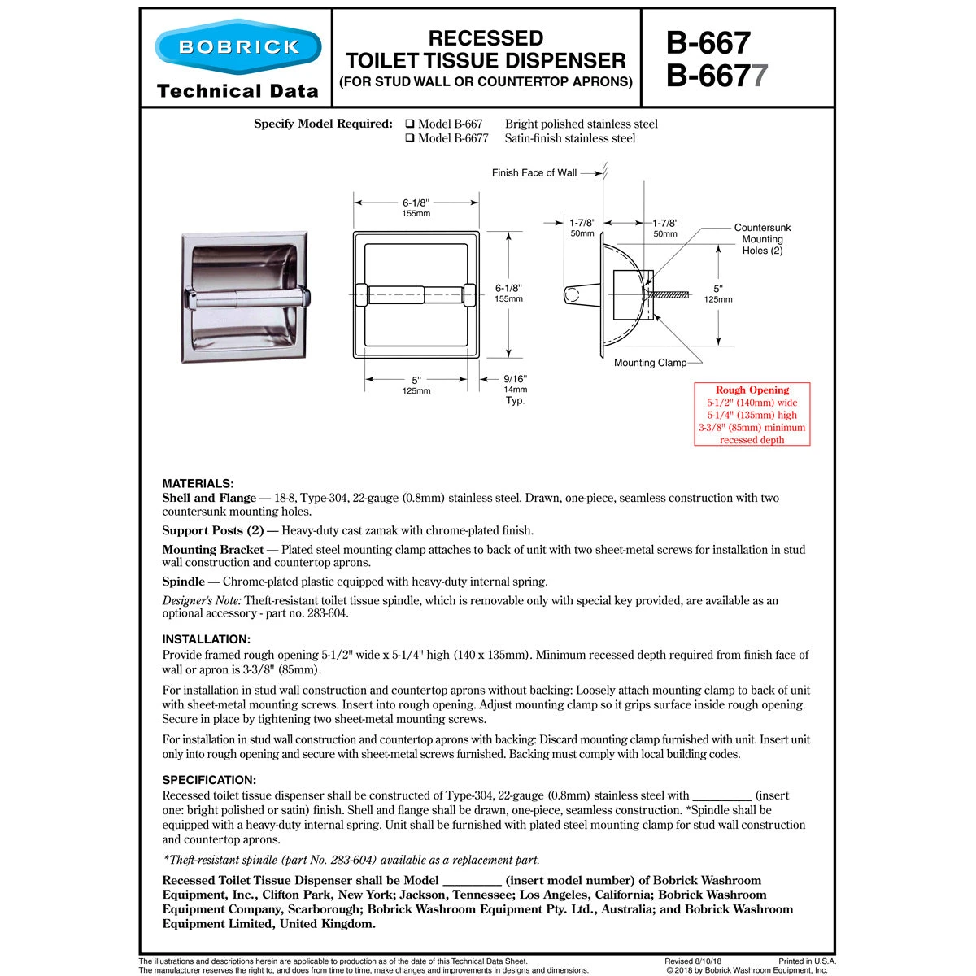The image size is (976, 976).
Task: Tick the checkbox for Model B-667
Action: [x=411, y=124]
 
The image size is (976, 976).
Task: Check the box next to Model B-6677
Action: [x=411, y=139]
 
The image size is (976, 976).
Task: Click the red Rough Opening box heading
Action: [x=752, y=390]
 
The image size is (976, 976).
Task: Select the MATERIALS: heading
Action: [x=198, y=483]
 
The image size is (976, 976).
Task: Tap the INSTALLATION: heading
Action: [x=206, y=639]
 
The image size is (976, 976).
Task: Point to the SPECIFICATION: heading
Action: [x=209, y=780]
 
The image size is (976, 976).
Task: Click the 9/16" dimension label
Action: [x=515, y=378]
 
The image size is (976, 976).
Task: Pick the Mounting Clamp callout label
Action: [x=650, y=363]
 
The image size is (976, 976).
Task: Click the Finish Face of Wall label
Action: [x=534, y=172]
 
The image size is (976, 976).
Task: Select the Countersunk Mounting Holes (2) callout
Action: [x=762, y=239]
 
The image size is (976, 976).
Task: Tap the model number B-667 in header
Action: [x=708, y=41]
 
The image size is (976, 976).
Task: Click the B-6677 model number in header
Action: [x=716, y=76]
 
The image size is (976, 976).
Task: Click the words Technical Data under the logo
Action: [x=237, y=90]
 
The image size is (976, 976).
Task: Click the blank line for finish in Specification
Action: [x=721, y=796]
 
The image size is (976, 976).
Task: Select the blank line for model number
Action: [x=472, y=881]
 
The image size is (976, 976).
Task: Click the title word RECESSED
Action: [x=486, y=38]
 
